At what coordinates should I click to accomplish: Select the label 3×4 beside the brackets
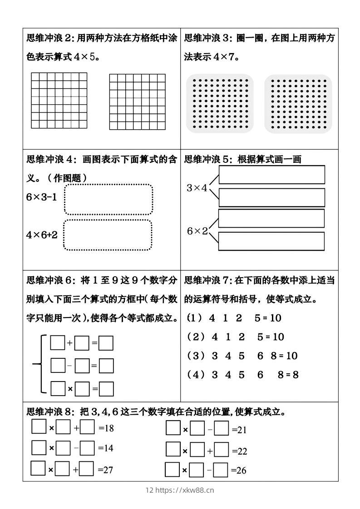click(197, 188)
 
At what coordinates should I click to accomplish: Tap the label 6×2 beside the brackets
click(197, 231)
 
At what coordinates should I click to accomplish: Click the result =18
click(106, 428)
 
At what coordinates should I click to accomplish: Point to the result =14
click(106, 448)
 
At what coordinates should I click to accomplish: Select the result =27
click(105, 470)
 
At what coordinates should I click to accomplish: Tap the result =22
click(239, 451)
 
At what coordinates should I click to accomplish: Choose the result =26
click(239, 470)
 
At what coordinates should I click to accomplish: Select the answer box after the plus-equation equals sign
click(106, 343)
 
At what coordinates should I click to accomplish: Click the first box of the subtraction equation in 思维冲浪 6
click(58, 365)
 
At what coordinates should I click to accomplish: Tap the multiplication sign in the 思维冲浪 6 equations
click(70, 389)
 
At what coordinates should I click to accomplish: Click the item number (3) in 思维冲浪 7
click(197, 356)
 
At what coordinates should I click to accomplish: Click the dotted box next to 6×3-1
click(108, 199)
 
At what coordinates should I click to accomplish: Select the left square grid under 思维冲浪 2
click(59, 100)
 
